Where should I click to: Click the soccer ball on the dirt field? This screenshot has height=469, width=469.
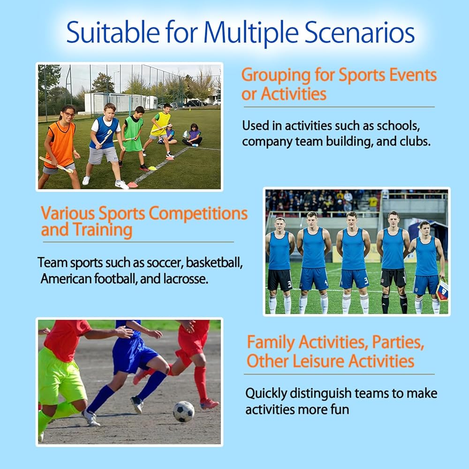point(184,412)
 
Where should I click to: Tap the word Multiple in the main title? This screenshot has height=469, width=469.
point(250,33)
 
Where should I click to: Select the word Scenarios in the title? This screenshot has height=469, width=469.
point(359,32)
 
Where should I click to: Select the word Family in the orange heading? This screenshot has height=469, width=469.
point(271,342)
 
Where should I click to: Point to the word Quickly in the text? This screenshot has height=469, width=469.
point(266,394)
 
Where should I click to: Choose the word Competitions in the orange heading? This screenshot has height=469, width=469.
point(198,214)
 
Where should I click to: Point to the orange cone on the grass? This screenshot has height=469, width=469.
point(132,185)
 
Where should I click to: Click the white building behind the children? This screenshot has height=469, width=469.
point(120,103)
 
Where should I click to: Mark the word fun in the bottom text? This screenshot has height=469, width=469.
point(340,409)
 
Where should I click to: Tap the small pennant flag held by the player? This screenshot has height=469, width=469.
point(442,289)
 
